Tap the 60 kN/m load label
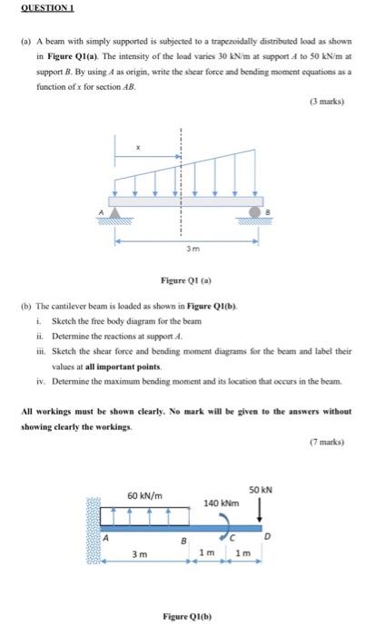point(146,495)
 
